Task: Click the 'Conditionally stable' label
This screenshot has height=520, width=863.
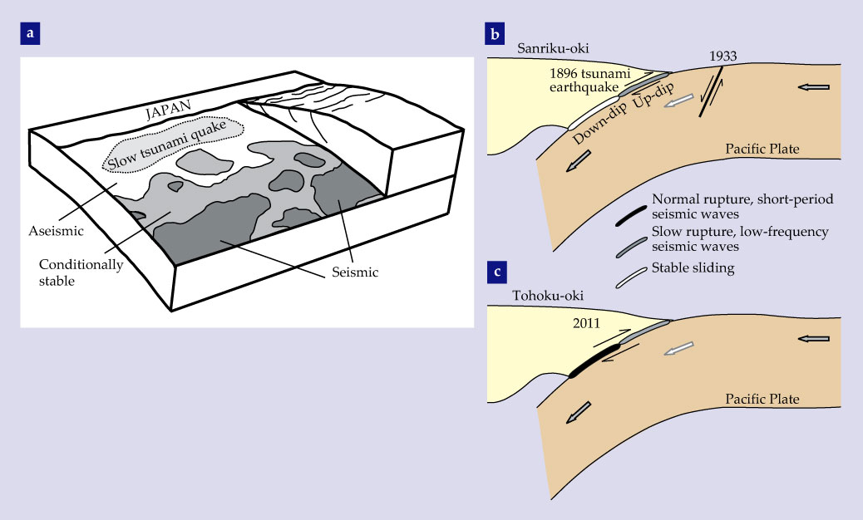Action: [81, 272]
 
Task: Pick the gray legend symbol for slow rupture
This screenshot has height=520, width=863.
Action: [629, 246]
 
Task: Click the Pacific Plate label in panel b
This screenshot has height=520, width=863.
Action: [762, 150]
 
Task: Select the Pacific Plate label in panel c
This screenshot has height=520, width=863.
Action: [762, 400]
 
